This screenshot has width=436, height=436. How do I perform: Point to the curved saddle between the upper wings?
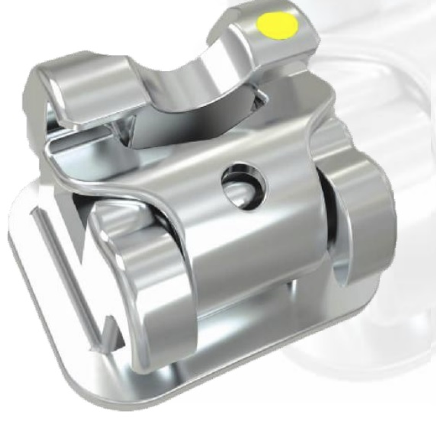point(180,88)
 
